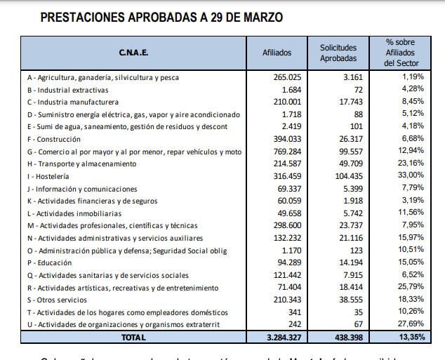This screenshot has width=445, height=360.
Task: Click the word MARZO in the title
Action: point(258,17)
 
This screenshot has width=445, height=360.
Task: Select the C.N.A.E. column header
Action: point(133,53)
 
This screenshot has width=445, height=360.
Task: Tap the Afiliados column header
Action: point(277,53)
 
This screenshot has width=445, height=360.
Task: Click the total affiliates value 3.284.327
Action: point(283,338)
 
